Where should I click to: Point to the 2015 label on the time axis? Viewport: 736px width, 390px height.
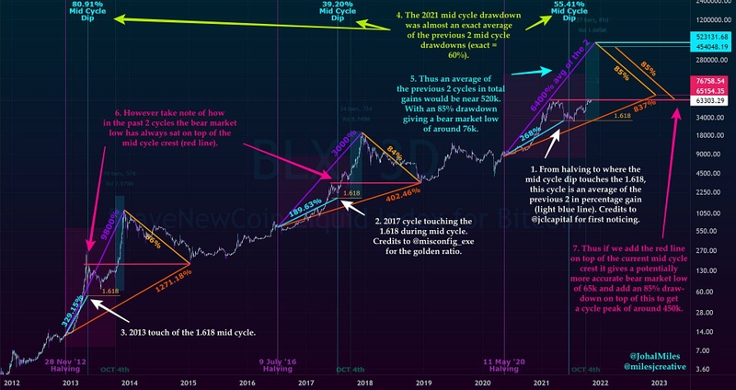(x=189, y=382)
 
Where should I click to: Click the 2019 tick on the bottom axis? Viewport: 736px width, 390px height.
(x=422, y=382)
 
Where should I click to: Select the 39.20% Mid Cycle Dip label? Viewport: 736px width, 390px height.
(x=338, y=10)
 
